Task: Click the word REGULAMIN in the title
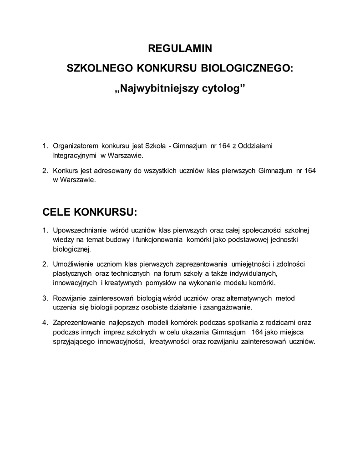pyautogui.click(x=180, y=48)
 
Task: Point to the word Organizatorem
pyautogui.click(x=76, y=146)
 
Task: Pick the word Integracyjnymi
pyautogui.click(x=75, y=155)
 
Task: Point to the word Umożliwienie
pyautogui.click(x=74, y=264)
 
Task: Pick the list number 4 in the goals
pyautogui.click(x=45, y=323)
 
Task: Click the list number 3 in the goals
pyautogui.click(x=45, y=299)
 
